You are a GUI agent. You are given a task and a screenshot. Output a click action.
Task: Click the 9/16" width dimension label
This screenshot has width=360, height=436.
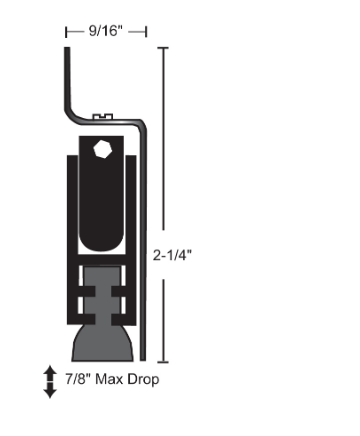pyautogui.click(x=106, y=31)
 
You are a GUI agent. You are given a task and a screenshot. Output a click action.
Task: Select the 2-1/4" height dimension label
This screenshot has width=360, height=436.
pyautogui.click(x=172, y=255)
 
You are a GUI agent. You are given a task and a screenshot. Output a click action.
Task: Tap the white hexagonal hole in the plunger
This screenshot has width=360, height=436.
pyautogui.click(x=103, y=149)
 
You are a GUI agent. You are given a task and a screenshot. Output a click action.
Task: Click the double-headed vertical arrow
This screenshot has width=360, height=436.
pyautogui.click(x=50, y=382)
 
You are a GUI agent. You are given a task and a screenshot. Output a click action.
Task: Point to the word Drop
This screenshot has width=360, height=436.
pyautogui.click(x=143, y=380)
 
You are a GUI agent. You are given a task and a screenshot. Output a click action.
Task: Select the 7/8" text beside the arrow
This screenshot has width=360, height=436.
pyautogui.click(x=78, y=379)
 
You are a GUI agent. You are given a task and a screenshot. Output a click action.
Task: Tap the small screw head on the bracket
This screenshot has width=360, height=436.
pyautogui.click(x=103, y=116)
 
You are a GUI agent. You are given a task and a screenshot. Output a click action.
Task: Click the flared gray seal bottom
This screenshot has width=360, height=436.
pyautogui.click(x=103, y=343)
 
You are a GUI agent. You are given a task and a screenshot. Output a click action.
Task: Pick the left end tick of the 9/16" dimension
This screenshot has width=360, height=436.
pyautogui.click(x=66, y=32)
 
